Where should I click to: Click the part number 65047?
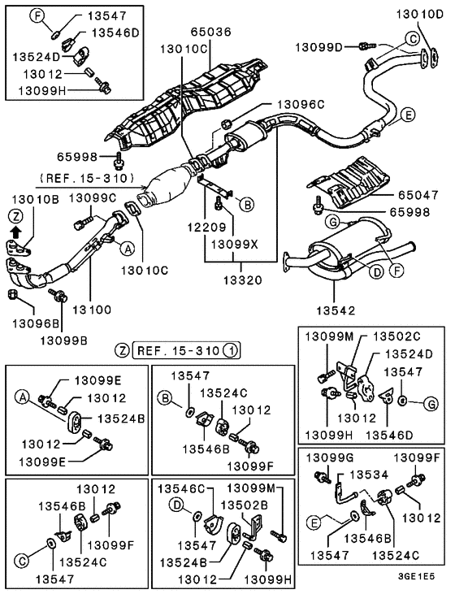[x=418, y=196]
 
